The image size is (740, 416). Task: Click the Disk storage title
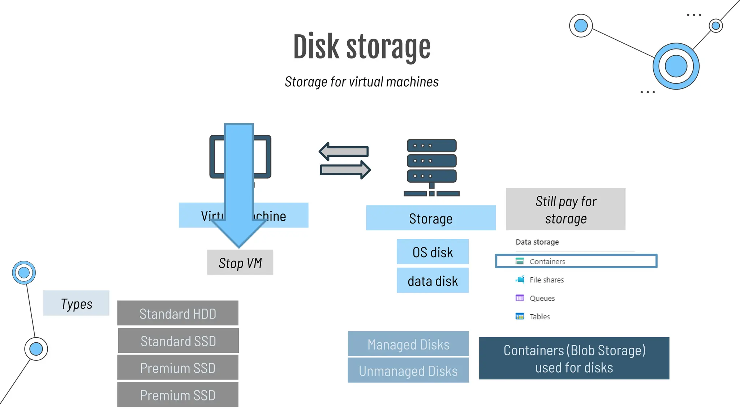[x=362, y=47]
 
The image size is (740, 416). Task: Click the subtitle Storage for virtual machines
[x=362, y=82]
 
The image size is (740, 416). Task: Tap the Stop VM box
[x=240, y=263]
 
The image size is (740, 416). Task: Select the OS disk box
[x=433, y=252]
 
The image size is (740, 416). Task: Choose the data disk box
[x=433, y=281]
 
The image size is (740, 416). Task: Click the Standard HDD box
[x=178, y=313]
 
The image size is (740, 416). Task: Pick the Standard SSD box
[x=178, y=341]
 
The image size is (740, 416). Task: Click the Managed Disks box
[x=408, y=344]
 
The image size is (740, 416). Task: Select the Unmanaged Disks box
[x=408, y=370]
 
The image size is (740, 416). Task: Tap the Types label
[x=76, y=303]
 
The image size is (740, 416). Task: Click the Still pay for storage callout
[x=565, y=209]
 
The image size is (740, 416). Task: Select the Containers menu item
[x=547, y=261]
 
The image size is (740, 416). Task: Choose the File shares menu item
[x=546, y=280]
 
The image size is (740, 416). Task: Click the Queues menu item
[x=542, y=298]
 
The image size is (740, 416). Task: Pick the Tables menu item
[x=539, y=317]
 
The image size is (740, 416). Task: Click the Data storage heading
[x=537, y=242]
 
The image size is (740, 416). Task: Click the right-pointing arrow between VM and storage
[x=345, y=169]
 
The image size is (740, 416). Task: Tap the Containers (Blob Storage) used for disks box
[x=574, y=358]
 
